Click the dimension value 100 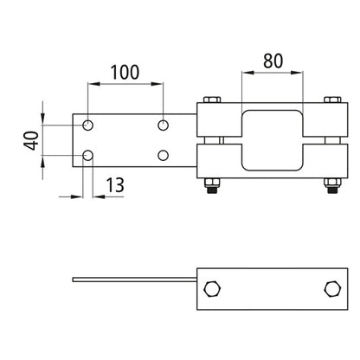coord(125,71)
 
